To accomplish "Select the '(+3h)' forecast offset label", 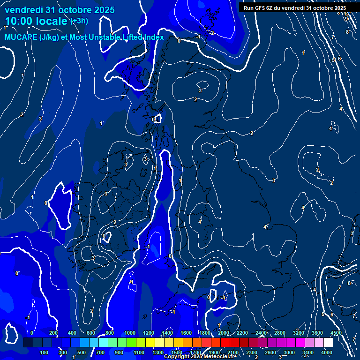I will [x=79, y=21].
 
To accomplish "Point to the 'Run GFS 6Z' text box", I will [x=295, y=8].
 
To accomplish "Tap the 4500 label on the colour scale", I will [x=336, y=333].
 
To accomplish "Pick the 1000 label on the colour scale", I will [x=130, y=333].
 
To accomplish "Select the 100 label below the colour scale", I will [x=45, y=352].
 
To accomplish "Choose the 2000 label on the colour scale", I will [x=224, y=333].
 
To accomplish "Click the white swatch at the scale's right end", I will [x=328, y=343].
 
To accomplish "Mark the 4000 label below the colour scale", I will [x=327, y=352].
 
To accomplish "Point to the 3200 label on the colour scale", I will [x=299, y=333].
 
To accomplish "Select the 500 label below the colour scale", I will [x=82, y=352].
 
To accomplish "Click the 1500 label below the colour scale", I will [x=176, y=352].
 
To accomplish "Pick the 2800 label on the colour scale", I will [x=280, y=333].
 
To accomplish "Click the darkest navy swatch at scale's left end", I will [x=28, y=343].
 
